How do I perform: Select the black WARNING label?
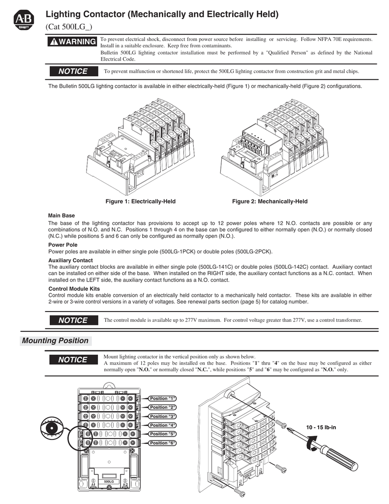pos(71,42)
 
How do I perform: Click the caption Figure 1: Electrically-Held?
pos(141,202)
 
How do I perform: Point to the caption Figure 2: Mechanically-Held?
pos(269,202)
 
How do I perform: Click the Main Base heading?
pos(61,216)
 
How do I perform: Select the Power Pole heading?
pos(62,245)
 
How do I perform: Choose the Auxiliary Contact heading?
pos(70,260)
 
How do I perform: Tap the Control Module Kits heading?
pos(74,288)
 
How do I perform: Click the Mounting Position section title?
pos(55,341)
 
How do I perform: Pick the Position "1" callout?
pos(162,398)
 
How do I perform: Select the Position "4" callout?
pos(162,425)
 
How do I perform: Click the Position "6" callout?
pos(162,443)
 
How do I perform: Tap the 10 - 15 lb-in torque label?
pos(321,427)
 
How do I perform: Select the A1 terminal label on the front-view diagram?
pos(93,484)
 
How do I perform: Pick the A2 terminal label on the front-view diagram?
pos(125,484)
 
